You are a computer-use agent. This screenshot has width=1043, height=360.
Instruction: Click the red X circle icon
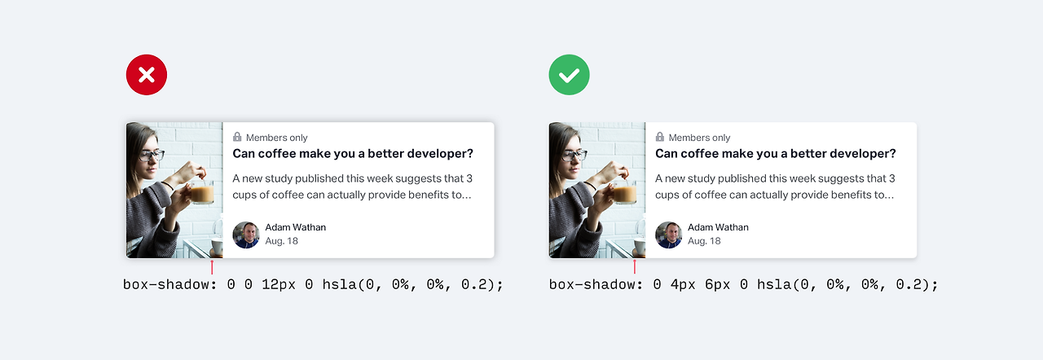point(147,75)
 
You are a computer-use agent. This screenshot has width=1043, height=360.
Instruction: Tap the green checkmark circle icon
point(569,75)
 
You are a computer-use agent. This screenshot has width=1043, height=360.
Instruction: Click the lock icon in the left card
point(237,137)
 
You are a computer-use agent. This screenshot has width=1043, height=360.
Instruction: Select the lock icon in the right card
point(660,137)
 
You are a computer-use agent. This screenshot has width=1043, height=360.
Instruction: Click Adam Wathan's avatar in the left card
point(246,235)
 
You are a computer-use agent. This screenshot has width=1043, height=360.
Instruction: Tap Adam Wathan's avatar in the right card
point(669,235)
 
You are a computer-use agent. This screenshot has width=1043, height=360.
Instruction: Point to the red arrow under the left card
point(212,267)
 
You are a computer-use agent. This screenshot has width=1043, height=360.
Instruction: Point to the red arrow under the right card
point(634,267)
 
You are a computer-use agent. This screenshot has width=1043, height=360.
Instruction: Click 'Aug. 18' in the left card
point(282,241)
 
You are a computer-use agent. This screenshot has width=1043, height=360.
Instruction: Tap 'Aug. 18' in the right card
point(704,241)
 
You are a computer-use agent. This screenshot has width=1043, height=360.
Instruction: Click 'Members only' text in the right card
point(699,138)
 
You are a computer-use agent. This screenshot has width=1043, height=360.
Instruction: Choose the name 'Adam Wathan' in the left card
point(296,227)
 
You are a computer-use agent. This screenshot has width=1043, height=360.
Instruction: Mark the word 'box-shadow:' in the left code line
point(170,284)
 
